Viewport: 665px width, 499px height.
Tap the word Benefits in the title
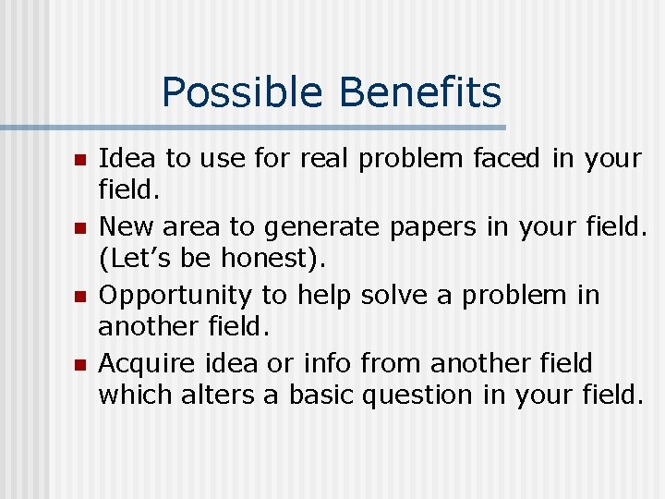(x=420, y=93)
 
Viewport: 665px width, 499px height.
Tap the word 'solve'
(x=394, y=296)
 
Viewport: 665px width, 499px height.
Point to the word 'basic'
(x=321, y=396)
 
